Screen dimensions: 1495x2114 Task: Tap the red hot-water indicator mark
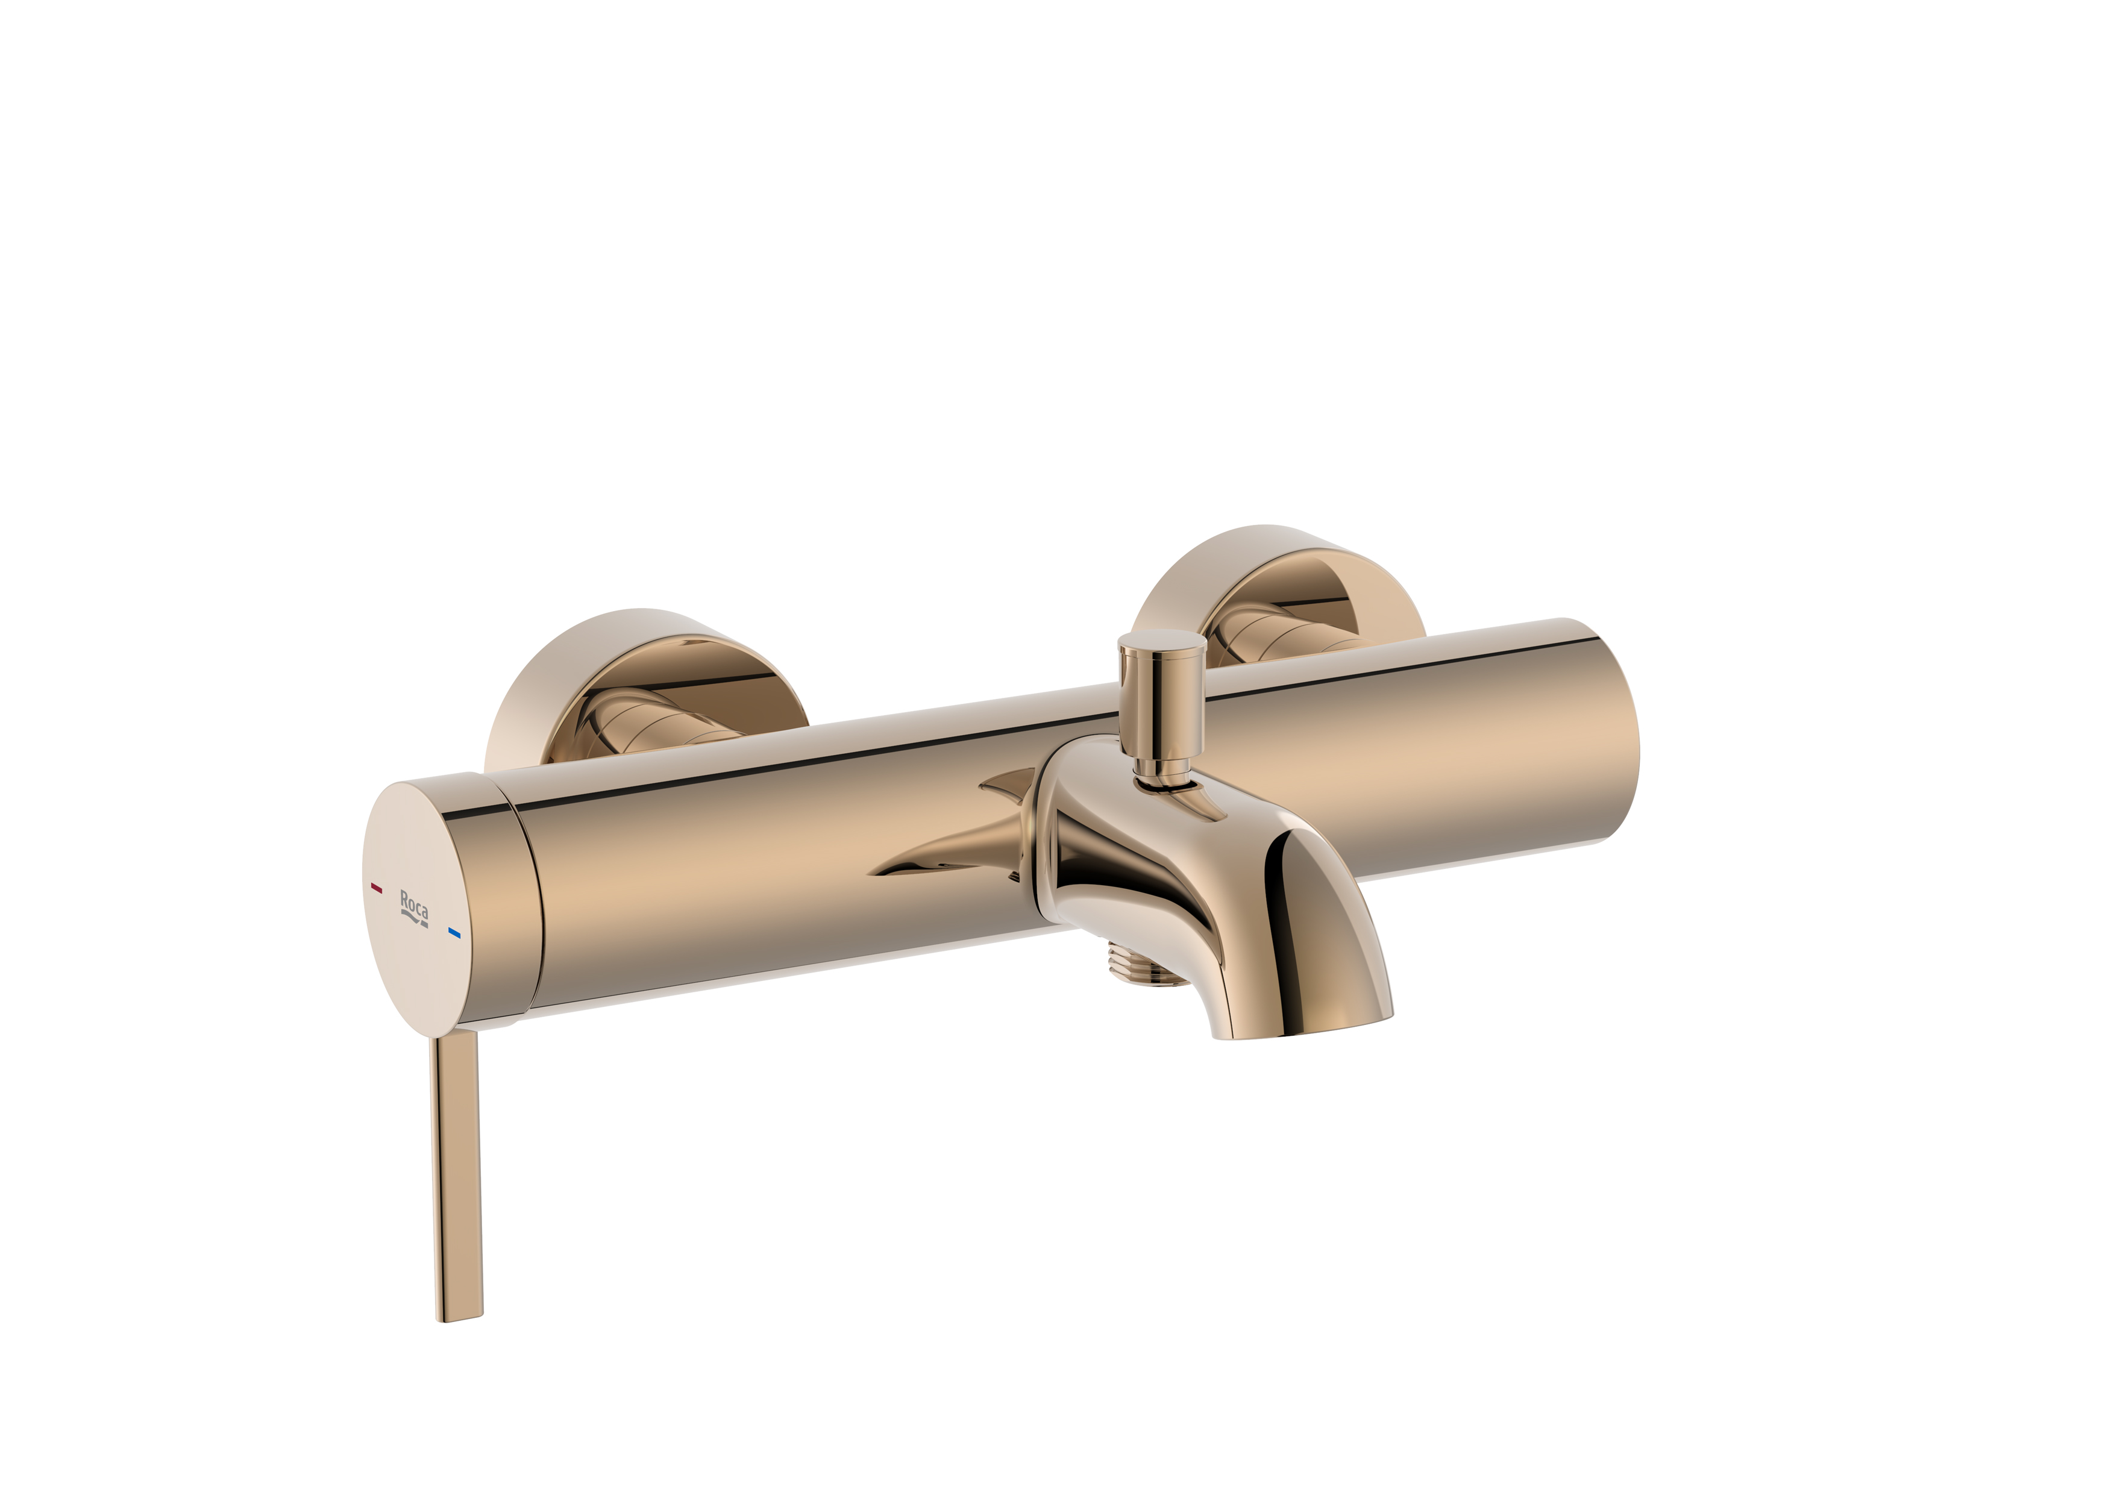(x=375, y=888)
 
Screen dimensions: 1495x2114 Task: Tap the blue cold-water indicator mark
(x=454, y=933)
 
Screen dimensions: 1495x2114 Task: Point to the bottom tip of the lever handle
(x=459, y=1317)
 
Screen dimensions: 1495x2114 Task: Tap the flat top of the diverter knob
(x=1162, y=642)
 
